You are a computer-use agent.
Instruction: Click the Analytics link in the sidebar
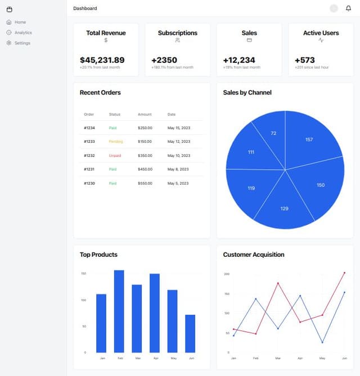click(x=23, y=33)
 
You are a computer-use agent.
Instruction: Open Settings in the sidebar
click(x=22, y=43)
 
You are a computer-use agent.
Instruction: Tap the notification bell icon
click(x=348, y=8)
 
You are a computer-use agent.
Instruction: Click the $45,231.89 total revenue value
click(x=102, y=60)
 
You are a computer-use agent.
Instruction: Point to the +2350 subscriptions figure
click(x=164, y=60)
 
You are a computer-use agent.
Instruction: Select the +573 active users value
click(x=305, y=60)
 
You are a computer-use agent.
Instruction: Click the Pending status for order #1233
click(x=116, y=142)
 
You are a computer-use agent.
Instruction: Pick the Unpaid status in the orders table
click(x=115, y=155)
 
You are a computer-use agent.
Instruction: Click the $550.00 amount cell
click(x=145, y=183)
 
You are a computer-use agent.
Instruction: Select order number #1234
click(x=89, y=128)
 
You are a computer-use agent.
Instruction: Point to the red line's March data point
click(x=278, y=283)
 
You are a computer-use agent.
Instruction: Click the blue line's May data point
click(x=322, y=342)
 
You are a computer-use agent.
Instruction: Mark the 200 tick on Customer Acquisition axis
click(x=227, y=274)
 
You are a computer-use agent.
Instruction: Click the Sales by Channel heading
click(x=247, y=93)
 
